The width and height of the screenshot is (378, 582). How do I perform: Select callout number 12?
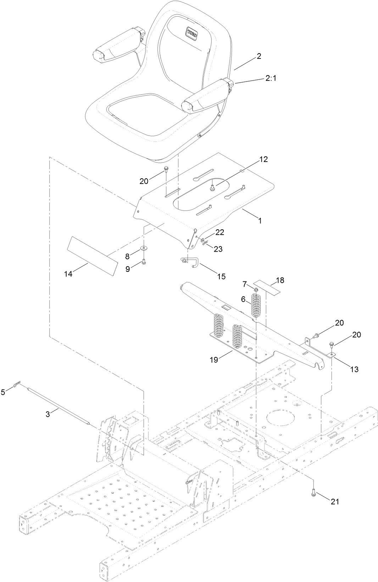263,159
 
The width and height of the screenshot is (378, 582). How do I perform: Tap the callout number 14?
68,274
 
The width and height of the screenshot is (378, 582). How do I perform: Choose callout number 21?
335,501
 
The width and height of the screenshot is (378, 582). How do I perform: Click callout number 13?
354,369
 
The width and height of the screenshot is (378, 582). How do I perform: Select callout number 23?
218,249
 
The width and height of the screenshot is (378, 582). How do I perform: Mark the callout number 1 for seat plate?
260,220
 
